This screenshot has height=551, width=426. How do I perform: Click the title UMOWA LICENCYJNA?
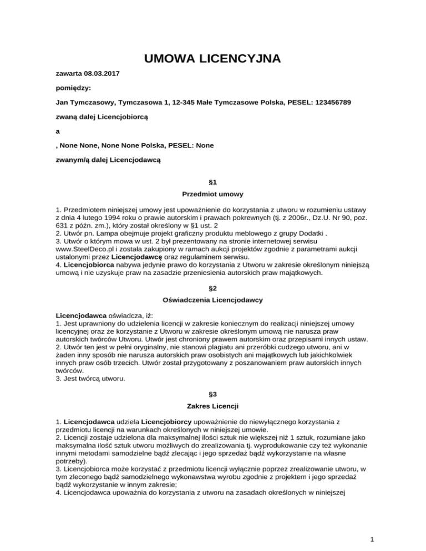[x=212, y=58]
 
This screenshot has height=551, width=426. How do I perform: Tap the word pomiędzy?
[x=74, y=88]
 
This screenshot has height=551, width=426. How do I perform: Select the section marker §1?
[x=213, y=182]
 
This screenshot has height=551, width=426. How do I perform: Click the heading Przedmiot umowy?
[x=213, y=195]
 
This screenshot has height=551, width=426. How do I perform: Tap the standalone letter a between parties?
[x=59, y=131]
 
